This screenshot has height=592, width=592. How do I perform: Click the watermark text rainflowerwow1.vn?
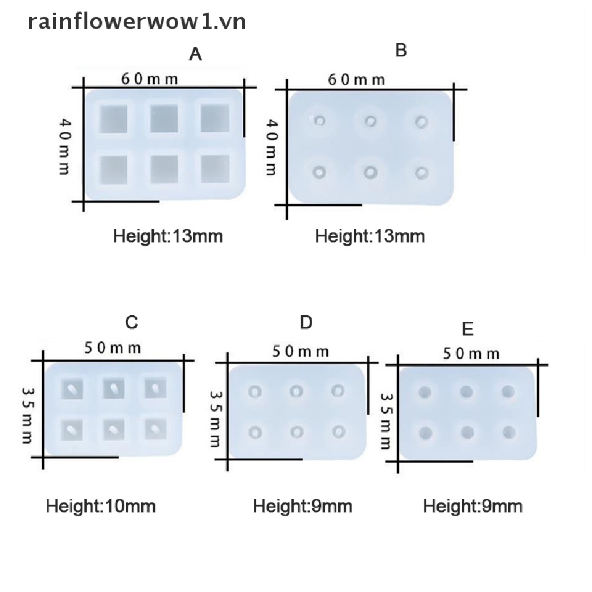click(x=138, y=22)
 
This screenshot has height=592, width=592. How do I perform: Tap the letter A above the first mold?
click(x=196, y=55)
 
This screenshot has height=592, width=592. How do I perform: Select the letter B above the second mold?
click(x=401, y=51)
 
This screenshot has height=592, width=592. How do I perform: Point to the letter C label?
click(x=132, y=322)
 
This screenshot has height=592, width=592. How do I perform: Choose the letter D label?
click(x=306, y=323)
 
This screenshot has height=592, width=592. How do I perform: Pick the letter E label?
click(x=468, y=330)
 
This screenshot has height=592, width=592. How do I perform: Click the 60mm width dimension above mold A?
click(x=150, y=79)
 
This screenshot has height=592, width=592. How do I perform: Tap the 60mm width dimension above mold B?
click(x=356, y=79)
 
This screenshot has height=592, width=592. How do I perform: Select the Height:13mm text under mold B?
click(x=370, y=236)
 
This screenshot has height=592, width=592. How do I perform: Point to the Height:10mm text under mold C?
click(x=101, y=506)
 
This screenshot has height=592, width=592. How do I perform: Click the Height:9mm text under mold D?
click(x=302, y=506)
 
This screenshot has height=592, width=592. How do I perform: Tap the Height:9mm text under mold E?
click(x=472, y=506)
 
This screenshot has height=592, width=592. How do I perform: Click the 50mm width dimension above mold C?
click(x=113, y=347)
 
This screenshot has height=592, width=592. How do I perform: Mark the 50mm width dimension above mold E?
click(x=471, y=353)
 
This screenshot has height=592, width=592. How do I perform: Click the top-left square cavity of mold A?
click(x=115, y=120)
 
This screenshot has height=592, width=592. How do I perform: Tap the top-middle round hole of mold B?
click(x=371, y=121)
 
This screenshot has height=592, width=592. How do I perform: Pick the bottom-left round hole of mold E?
click(x=425, y=432)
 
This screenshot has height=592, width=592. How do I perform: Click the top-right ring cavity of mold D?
click(x=337, y=391)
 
